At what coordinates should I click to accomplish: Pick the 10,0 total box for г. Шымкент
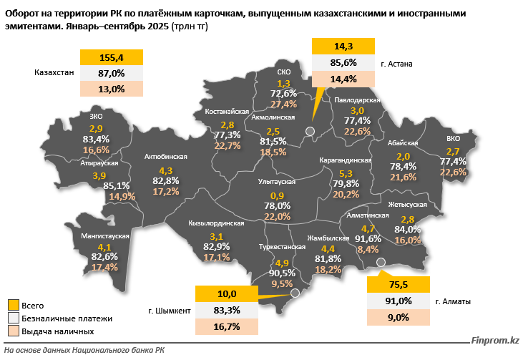pyautogui.click(x=227, y=293)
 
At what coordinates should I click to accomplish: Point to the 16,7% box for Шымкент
pyautogui.click(x=227, y=326)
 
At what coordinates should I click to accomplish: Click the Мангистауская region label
pyautogui.click(x=104, y=235)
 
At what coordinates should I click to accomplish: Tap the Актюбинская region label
pyautogui.click(x=165, y=156)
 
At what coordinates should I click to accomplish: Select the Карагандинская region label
pyautogui.click(x=345, y=161)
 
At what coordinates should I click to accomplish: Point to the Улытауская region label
pyautogui.click(x=276, y=183)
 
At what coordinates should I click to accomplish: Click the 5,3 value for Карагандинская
pyautogui.click(x=346, y=173)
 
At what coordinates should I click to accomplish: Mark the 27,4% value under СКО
pyautogui.click(x=284, y=104)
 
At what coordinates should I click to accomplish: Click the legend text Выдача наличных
pyautogui.click(x=57, y=332)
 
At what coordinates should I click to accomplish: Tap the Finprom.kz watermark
pyautogui.click(x=494, y=341)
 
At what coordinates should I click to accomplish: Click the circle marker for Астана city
pyautogui.click(x=310, y=130)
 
